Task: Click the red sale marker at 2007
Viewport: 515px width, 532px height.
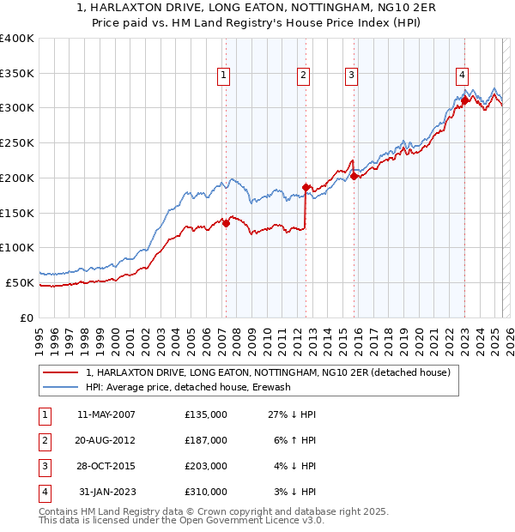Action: click(x=226, y=223)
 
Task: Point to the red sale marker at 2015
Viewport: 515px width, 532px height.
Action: click(x=354, y=176)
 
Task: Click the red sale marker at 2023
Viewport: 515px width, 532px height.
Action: click(x=464, y=100)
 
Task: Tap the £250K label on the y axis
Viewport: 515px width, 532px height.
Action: click(x=17, y=143)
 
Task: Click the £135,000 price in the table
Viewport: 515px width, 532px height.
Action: click(x=206, y=414)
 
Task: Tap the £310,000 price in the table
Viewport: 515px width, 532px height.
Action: click(x=206, y=492)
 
